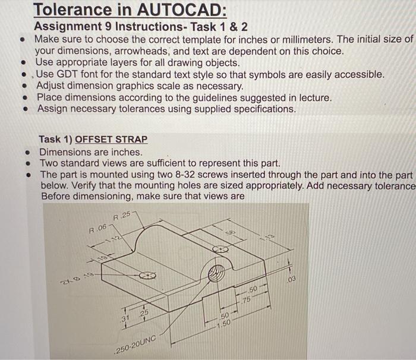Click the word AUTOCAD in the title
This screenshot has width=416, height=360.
[x=177, y=10]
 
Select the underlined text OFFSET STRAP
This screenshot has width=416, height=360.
[x=111, y=139]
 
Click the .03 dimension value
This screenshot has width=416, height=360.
[x=290, y=280]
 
